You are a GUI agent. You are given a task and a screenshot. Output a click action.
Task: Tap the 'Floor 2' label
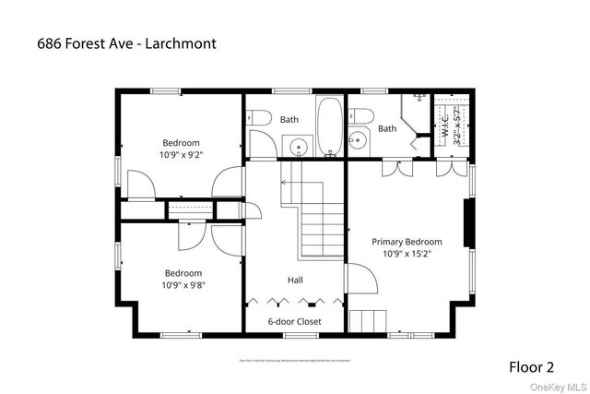coord(533,366)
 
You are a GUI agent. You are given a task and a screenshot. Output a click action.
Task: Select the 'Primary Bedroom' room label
coord(407,242)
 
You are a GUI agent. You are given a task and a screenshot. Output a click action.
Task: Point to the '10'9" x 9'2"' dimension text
coord(181,155)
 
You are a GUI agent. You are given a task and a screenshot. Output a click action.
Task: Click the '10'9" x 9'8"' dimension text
coord(184,285)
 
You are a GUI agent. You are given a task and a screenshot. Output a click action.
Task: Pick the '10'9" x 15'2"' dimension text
coord(407,254)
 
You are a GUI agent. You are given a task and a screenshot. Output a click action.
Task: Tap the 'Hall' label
coord(295,280)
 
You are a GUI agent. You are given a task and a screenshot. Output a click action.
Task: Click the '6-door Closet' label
coord(295,321)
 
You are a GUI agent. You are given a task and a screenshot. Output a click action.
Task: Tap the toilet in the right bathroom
coord(362,116)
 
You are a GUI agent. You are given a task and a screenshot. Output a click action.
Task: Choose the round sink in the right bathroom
coord(358,140)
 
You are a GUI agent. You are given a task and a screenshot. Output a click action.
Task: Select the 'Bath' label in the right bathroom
coord(386,128)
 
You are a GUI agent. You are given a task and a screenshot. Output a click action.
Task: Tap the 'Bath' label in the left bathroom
coord(289,119)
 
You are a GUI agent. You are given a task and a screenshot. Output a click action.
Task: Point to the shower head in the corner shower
coord(419,98)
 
